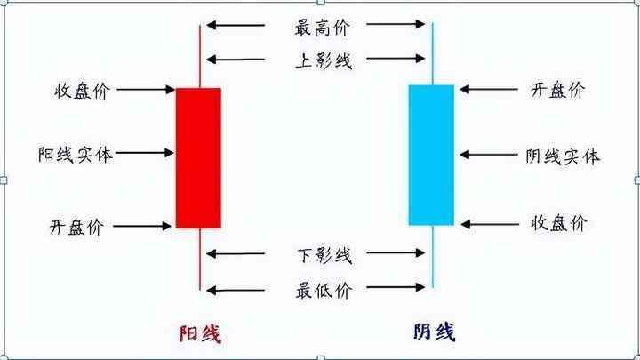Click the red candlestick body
(x=197, y=157)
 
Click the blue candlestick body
(x=431, y=155)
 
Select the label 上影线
(x=323, y=60)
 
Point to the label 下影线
(x=323, y=256)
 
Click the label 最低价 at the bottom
(x=323, y=290)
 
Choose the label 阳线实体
(x=76, y=154)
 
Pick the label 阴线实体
(x=563, y=156)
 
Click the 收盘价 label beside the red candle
(x=81, y=91)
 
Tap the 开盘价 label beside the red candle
(x=76, y=227)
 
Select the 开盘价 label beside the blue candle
(x=557, y=90)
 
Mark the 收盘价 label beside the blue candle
(x=559, y=222)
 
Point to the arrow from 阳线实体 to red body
(x=144, y=154)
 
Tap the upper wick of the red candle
(x=200, y=53)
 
